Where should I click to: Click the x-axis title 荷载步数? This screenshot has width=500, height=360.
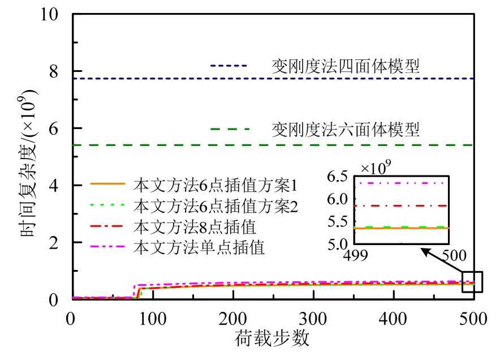[273, 338]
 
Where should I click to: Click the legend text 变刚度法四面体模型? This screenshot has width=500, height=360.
[346, 66]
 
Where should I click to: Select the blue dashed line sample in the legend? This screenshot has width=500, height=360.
[229, 66]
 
